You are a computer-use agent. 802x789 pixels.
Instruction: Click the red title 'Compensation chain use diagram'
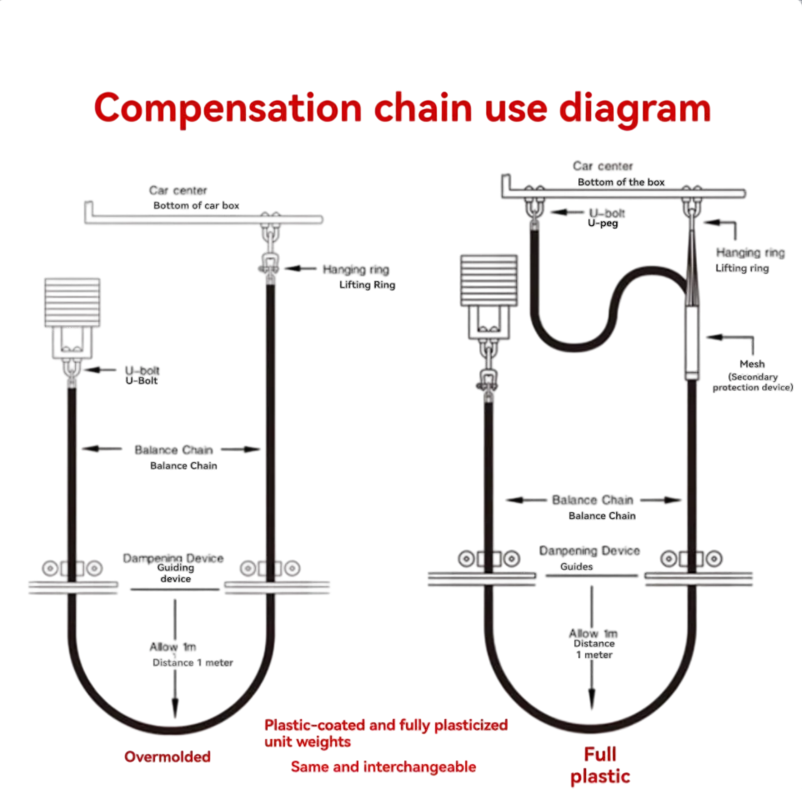tap(402, 109)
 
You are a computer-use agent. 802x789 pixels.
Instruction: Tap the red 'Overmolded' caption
tap(167, 756)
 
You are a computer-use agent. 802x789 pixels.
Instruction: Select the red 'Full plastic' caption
tap(599, 766)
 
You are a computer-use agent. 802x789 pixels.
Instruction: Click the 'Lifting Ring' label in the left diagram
tap(367, 285)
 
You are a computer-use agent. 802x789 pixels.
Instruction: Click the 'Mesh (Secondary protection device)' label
tap(751, 375)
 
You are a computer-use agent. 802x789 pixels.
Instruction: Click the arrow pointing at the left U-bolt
tap(100, 369)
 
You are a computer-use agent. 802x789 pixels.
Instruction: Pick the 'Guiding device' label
tap(175, 573)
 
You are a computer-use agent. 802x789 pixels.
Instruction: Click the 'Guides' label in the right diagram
tap(576, 566)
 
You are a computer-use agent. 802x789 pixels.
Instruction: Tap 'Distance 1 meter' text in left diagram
tap(193, 662)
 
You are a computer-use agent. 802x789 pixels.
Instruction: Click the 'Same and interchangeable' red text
tap(383, 766)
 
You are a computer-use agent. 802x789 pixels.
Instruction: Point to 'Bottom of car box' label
tap(196, 205)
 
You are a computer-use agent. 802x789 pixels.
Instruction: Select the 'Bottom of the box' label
tap(621, 182)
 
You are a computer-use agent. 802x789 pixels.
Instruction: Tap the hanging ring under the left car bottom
tap(269, 265)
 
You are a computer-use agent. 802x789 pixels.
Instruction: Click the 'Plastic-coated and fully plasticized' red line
tap(385, 725)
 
